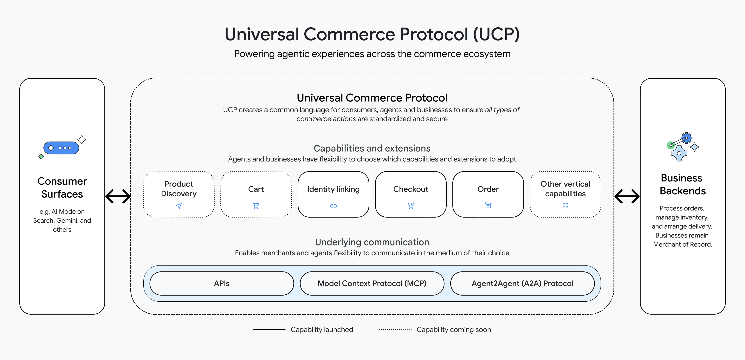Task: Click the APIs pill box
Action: [222, 283]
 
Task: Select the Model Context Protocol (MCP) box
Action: [372, 283]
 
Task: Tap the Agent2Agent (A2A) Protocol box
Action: [522, 283]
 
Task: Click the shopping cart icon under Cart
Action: [256, 206]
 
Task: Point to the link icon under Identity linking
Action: [334, 206]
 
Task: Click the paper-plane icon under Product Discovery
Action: [179, 206]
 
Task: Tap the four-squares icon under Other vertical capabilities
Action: [565, 206]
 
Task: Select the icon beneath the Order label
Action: [488, 206]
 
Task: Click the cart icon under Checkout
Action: [411, 206]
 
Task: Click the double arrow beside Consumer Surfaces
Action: [118, 196]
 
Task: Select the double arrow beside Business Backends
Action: [627, 196]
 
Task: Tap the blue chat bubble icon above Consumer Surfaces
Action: [61, 148]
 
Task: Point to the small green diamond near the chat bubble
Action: [41, 157]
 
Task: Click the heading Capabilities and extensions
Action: [372, 148]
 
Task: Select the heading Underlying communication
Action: [372, 242]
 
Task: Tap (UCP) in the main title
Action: [496, 34]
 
